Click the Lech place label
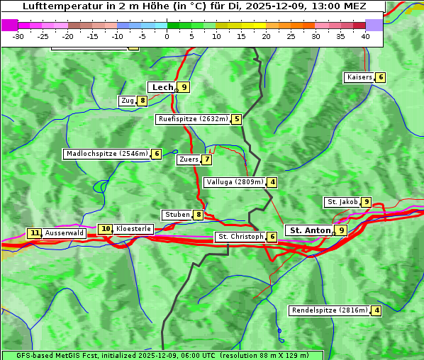pyautogui.click(x=162, y=87)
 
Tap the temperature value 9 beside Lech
pyautogui.click(x=184, y=87)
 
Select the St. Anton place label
pyautogui.click(x=310, y=230)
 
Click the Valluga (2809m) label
pyautogui.click(x=235, y=182)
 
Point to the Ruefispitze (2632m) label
pyautogui.click(x=193, y=119)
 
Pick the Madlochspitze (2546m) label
pyautogui.click(x=106, y=154)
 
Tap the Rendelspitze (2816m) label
pyautogui.click(x=330, y=310)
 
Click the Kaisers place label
pyautogui.click(x=359, y=77)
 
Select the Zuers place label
pyautogui.click(x=189, y=159)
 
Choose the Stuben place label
pyautogui.click(x=177, y=215)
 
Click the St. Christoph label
pyautogui.click(x=240, y=237)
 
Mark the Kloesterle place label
pyautogui.click(x=133, y=229)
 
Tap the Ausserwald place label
pyautogui.click(x=64, y=233)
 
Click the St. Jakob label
pyautogui.click(x=342, y=202)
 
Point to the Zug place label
pyautogui.click(x=128, y=101)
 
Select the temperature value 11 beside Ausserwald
pyautogui.click(x=34, y=233)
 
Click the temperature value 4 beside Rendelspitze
pyautogui.click(x=376, y=310)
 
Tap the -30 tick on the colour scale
pyautogui.click(x=18, y=35)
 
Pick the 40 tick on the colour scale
pyautogui.click(x=365, y=35)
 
